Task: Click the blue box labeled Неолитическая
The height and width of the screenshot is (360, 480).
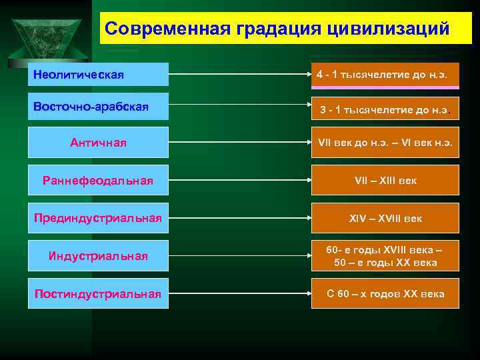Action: [x=98, y=74]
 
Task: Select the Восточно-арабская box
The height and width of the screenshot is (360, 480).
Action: [x=98, y=107]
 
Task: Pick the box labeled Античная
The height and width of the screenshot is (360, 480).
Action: [x=98, y=143]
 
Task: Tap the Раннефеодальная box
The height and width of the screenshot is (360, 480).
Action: [x=98, y=180]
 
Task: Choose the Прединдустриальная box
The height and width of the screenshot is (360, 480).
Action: [x=98, y=218]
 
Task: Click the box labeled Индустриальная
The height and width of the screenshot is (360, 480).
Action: [x=98, y=256]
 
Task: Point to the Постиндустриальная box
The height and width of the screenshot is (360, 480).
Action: [x=98, y=294]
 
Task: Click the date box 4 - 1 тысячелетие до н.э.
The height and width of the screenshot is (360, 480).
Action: [x=385, y=75]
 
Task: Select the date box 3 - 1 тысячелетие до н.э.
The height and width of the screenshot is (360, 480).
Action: [x=385, y=109]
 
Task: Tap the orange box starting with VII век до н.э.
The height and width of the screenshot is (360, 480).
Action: [x=385, y=143]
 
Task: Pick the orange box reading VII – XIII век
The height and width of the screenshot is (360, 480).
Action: [x=385, y=180]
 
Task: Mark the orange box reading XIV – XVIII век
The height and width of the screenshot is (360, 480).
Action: [x=385, y=218]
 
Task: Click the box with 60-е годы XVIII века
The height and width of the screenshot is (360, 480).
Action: [x=385, y=256]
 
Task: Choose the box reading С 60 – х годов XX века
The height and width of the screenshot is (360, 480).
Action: [x=385, y=294]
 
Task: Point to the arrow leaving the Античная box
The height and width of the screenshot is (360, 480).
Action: [x=240, y=143]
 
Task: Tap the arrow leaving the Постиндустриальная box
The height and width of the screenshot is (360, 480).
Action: [x=240, y=294]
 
